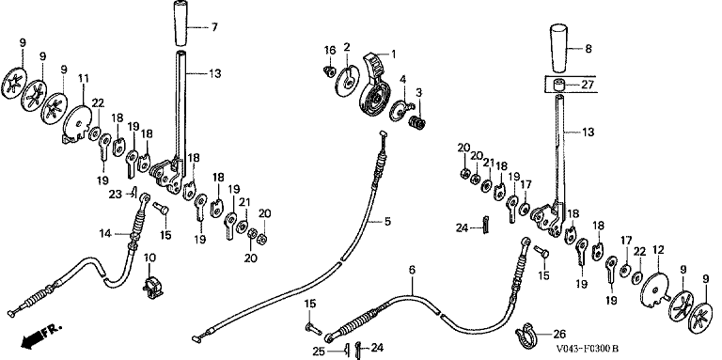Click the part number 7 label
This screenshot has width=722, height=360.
(x=214, y=27)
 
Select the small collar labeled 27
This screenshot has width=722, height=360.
(x=560, y=86)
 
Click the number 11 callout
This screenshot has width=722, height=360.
(x=84, y=79)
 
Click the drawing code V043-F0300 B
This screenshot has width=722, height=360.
(x=588, y=350)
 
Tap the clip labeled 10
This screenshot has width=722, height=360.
(x=152, y=287)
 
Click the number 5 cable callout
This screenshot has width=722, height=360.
(x=387, y=222)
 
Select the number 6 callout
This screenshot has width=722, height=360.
(x=412, y=270)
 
